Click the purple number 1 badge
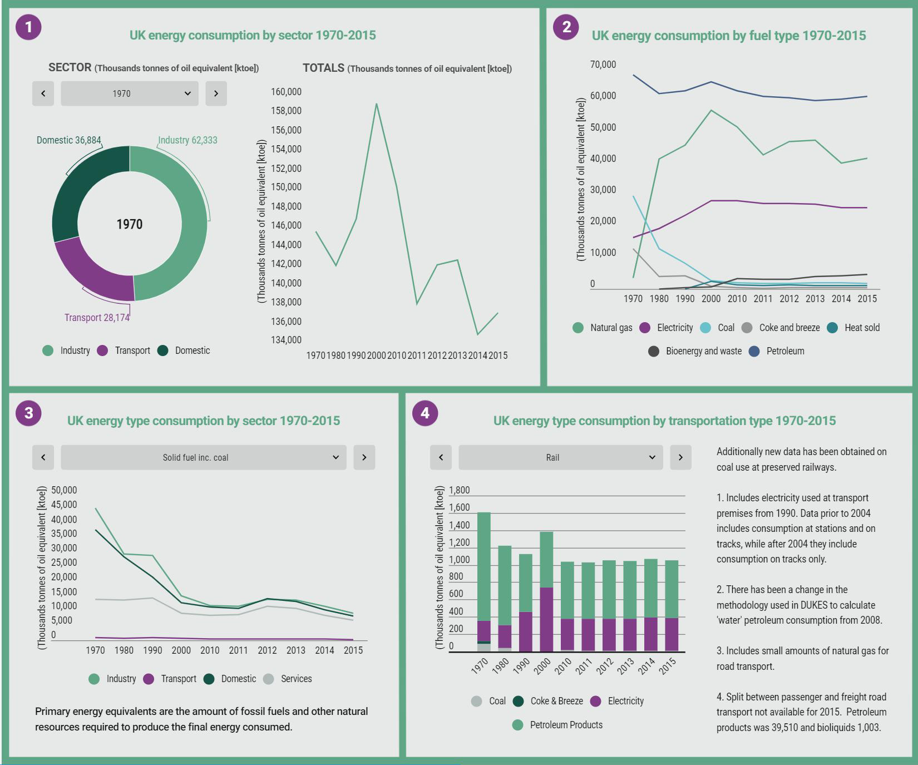[x=28, y=27]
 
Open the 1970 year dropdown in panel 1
[x=129, y=93]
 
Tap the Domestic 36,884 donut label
[x=68, y=140]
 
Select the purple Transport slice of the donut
[x=92, y=267]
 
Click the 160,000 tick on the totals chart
[x=286, y=92]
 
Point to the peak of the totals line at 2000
[x=377, y=104]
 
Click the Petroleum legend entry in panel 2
[x=777, y=351]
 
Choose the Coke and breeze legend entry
[x=781, y=328]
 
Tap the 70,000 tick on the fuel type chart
[x=603, y=65]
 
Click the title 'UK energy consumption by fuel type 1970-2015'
[x=728, y=36]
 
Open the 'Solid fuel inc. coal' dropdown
[x=203, y=457]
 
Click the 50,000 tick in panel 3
[x=64, y=490]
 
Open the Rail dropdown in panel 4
[x=560, y=457]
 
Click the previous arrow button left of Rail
[x=441, y=457]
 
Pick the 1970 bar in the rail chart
[x=484, y=567]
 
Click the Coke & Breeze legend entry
[x=548, y=701]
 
